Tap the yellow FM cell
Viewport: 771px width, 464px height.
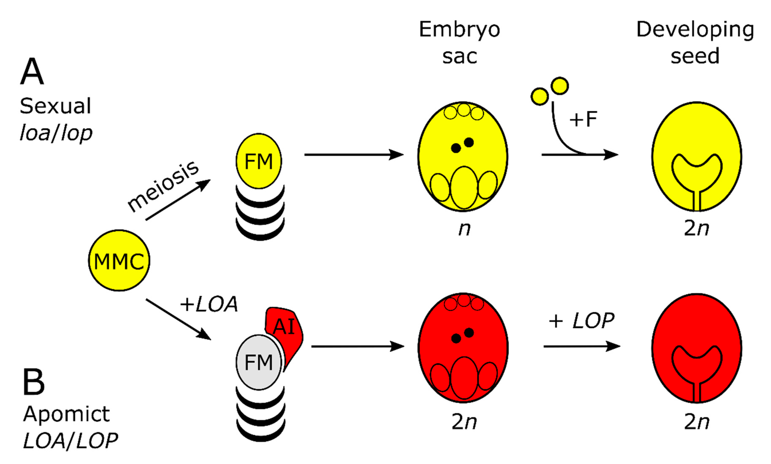259,161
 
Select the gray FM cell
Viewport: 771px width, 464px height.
259,362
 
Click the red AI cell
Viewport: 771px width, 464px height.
285,328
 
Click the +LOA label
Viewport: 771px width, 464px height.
209,304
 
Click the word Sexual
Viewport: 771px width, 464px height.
55,106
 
